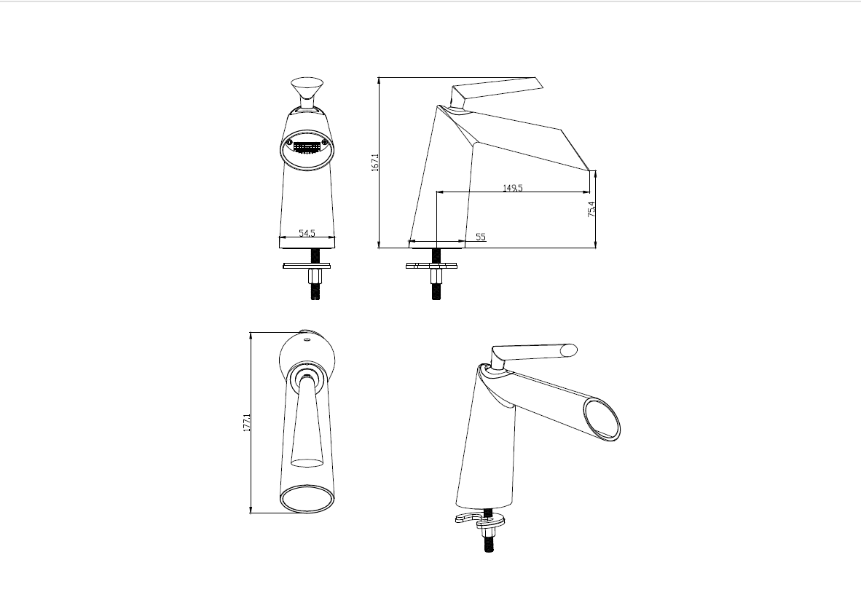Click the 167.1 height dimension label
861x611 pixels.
(x=375, y=163)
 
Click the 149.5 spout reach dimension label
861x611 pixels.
(x=513, y=188)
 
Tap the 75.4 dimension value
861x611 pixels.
(x=591, y=209)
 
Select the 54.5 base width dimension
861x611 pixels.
(x=307, y=233)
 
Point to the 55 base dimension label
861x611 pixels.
(x=481, y=237)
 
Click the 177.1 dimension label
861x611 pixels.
(x=246, y=422)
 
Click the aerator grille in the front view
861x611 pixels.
(x=307, y=149)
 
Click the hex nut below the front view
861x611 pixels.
(x=315, y=276)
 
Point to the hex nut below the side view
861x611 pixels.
(x=436, y=275)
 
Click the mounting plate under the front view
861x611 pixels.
(x=307, y=267)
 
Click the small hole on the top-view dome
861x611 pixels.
(x=307, y=342)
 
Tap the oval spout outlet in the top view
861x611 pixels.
(x=307, y=498)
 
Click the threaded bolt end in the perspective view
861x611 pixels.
(x=488, y=543)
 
